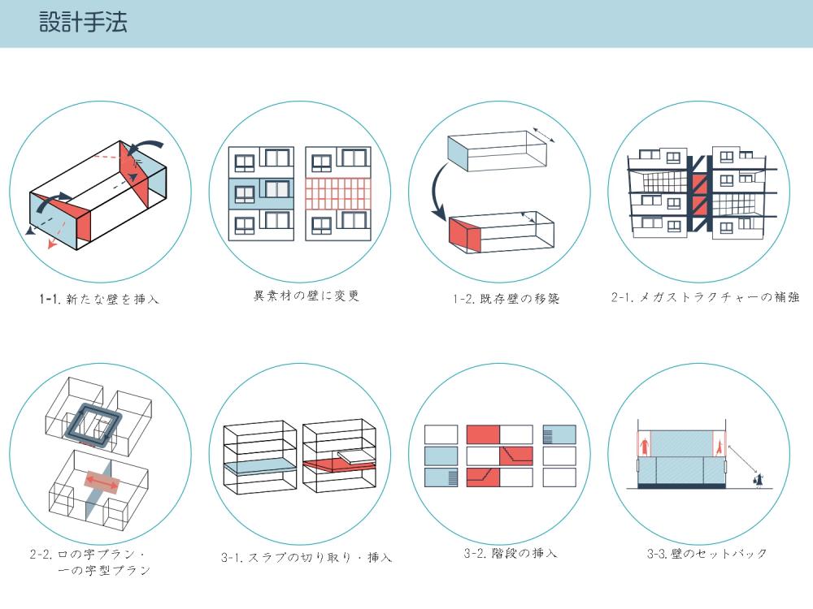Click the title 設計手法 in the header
click(x=83, y=22)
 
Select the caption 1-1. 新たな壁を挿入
click(x=99, y=299)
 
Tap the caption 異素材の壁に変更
click(x=307, y=296)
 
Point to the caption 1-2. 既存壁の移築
click(x=506, y=299)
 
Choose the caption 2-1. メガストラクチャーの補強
click(x=705, y=297)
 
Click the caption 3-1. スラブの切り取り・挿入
click(x=307, y=557)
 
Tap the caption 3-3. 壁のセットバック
click(x=706, y=554)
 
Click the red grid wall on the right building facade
click(x=337, y=196)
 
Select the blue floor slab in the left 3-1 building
click(x=259, y=467)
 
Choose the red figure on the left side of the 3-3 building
click(x=645, y=445)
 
